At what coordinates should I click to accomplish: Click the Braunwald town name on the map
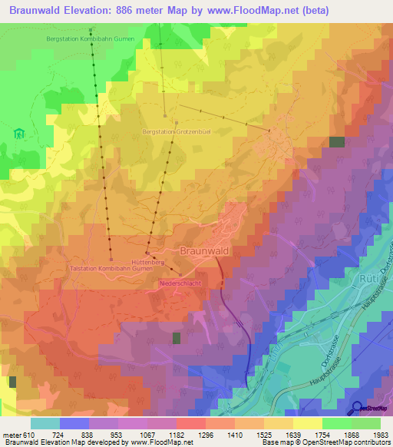[x=204, y=250]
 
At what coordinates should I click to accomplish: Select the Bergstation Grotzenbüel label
[x=177, y=131]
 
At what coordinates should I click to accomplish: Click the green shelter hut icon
[x=18, y=133]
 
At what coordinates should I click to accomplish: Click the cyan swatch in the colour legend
[x=45, y=422]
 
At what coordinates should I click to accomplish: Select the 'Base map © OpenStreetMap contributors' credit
[x=325, y=442]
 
